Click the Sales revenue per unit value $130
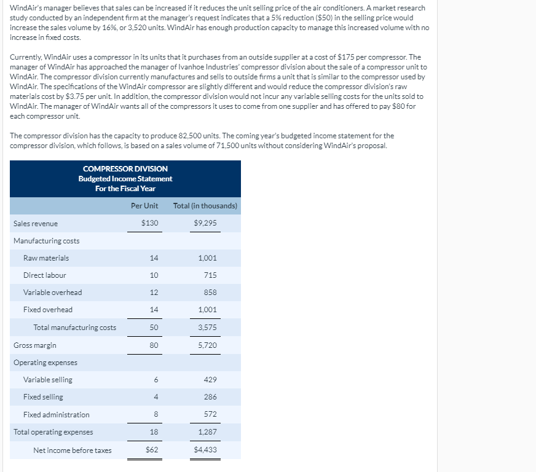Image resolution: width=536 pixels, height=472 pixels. (x=149, y=223)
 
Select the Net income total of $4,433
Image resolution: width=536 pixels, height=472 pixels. (x=205, y=450)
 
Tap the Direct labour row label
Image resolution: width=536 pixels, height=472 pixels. (x=44, y=275)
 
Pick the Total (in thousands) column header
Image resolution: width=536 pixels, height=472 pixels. (x=205, y=206)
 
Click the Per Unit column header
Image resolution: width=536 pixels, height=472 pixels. (x=144, y=206)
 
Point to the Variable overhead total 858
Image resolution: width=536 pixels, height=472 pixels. (x=210, y=293)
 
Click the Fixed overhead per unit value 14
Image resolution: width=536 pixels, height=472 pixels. (x=154, y=310)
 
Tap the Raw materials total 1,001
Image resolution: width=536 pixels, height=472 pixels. (x=207, y=258)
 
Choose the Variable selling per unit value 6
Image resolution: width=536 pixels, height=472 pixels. (x=156, y=380)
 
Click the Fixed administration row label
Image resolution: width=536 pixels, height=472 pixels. (x=56, y=415)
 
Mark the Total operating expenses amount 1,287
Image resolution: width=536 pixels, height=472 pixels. (x=207, y=432)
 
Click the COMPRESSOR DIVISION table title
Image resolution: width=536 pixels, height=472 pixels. (x=125, y=169)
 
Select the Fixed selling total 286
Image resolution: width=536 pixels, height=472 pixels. (x=210, y=397)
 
